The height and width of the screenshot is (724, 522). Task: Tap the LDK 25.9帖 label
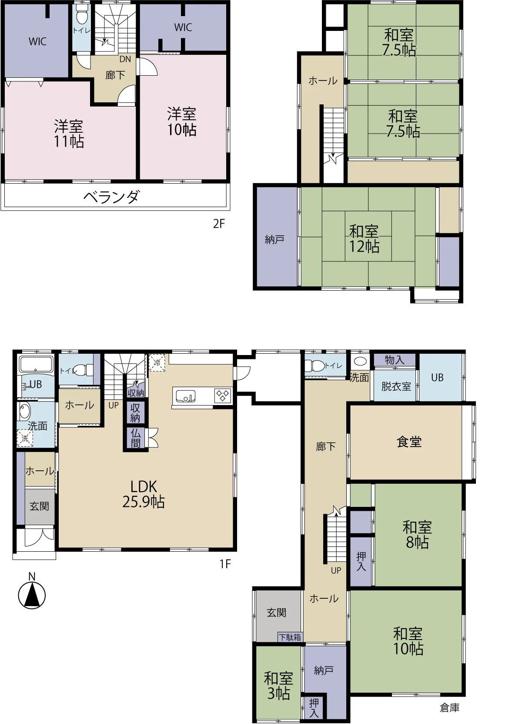tap(144, 495)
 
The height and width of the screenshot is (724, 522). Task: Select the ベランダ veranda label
tap(111, 197)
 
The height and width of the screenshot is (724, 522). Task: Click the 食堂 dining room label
tap(409, 442)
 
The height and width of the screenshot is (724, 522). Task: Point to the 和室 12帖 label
tap(364, 239)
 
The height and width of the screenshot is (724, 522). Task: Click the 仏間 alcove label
tap(135, 438)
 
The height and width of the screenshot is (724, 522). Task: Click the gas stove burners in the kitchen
tap(223, 396)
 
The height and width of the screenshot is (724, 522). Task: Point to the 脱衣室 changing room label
tap(396, 386)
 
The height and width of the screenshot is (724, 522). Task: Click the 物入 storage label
tap(395, 360)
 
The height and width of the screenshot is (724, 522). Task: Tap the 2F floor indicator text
tap(219, 224)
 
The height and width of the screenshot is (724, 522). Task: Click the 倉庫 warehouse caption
tap(449, 707)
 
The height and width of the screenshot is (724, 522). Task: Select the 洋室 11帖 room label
tap(69, 134)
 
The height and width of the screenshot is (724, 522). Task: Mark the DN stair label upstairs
tap(125, 59)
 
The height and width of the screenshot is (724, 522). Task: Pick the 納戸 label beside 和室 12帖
tap(274, 239)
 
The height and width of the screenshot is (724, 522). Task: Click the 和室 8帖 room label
tap(417, 535)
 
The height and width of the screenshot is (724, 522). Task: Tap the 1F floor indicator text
tap(225, 564)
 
